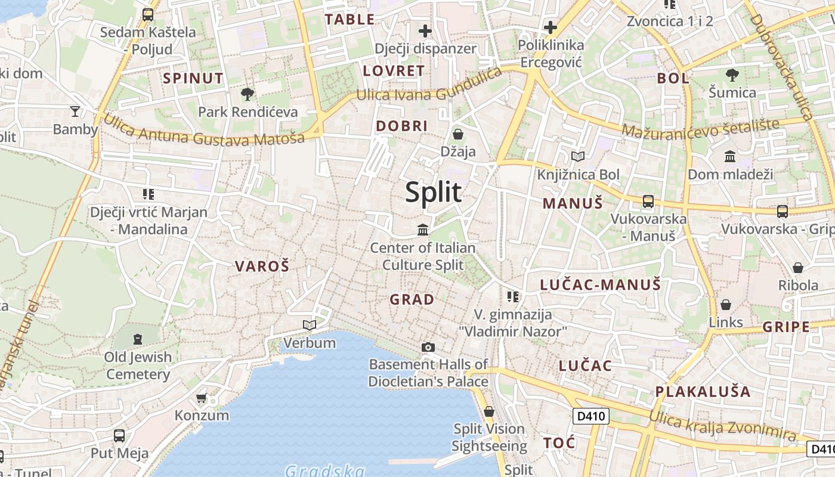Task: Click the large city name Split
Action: tap(434, 192)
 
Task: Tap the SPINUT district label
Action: tap(193, 78)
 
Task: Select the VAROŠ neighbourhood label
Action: tap(262, 267)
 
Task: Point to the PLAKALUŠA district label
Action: tap(703, 392)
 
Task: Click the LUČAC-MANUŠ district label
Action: tap(601, 284)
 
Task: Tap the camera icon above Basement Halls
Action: tap(428, 347)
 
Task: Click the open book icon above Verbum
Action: tap(309, 325)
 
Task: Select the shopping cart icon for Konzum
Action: tap(202, 398)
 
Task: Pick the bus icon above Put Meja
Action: tap(119, 435)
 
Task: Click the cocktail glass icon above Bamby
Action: tap(75, 111)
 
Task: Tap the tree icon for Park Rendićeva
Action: tap(248, 94)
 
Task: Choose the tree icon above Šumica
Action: tap(732, 75)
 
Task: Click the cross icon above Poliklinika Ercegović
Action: tap(550, 27)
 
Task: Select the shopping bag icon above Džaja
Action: tap(458, 134)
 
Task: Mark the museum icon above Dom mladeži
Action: tap(730, 156)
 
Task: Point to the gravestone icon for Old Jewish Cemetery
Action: tap(138, 339)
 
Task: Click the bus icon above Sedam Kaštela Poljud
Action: tap(147, 14)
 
